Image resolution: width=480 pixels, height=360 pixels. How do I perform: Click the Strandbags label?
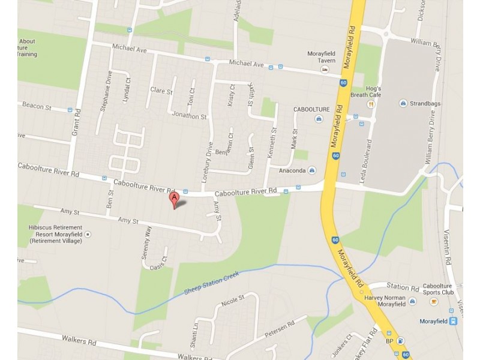[424, 103]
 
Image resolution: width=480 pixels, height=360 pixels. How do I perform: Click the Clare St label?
[161, 91]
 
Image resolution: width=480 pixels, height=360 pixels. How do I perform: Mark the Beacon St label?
[37, 106]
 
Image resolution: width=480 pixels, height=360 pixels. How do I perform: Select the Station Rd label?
[402, 287]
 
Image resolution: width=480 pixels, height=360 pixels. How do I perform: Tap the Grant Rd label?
[76, 124]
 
